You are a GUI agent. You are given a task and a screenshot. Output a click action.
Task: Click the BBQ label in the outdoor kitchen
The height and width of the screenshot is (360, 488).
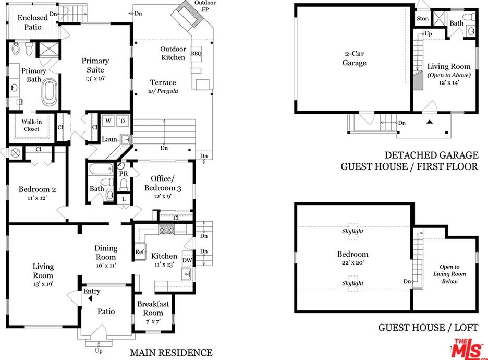(196, 53)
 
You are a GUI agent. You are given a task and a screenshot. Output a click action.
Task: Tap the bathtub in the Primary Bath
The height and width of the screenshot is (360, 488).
(49, 92)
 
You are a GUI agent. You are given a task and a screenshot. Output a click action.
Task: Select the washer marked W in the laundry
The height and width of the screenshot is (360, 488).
(108, 121)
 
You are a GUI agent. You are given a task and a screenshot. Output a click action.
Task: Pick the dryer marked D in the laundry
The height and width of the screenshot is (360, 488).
(123, 121)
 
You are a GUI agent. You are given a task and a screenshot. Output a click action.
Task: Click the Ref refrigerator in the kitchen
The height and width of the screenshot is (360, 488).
(140, 251)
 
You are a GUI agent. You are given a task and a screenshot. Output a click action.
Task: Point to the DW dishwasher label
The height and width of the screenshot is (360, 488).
(187, 260)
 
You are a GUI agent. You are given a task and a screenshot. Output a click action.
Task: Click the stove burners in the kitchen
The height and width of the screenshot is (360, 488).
(166, 230)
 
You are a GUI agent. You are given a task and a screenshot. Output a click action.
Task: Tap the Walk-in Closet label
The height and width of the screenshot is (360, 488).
(31, 125)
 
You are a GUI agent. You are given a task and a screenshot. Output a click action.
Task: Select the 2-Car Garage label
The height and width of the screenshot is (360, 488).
(354, 58)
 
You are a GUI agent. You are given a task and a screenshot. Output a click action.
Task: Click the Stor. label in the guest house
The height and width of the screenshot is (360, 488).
(422, 19)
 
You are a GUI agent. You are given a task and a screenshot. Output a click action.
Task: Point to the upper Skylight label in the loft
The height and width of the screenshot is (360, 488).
(352, 231)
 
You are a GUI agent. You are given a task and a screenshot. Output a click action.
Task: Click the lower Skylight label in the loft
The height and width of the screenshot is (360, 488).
(352, 283)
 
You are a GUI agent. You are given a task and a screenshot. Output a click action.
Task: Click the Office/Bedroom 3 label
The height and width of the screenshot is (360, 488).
(163, 183)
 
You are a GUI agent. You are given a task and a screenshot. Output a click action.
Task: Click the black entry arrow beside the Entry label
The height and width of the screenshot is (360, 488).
(90, 298)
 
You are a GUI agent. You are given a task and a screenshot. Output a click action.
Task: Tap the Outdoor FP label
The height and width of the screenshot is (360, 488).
(205, 6)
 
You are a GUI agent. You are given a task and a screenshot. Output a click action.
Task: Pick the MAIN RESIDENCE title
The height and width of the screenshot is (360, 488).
(171, 353)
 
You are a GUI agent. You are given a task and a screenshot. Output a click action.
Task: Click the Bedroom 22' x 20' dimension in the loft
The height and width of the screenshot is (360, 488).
(352, 262)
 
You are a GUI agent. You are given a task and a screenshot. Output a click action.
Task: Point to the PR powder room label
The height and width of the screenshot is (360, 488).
(124, 174)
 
